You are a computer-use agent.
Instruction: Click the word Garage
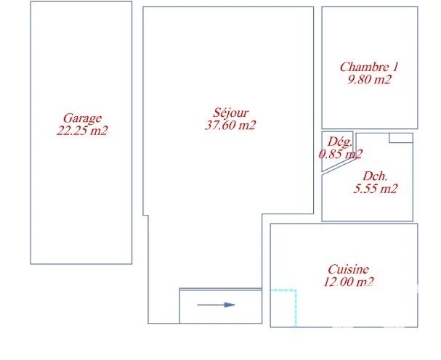[x=82, y=118]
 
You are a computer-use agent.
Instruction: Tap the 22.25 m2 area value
[x=82, y=131]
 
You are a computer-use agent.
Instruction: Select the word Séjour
[x=230, y=113]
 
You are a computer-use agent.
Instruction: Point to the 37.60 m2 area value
[x=230, y=125]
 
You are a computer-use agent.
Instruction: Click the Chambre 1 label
[x=369, y=67]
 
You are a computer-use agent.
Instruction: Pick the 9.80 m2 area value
[x=369, y=80]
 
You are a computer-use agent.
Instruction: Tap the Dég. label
[x=340, y=142]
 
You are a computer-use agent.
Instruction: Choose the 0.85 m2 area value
[x=340, y=154]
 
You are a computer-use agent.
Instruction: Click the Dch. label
[x=375, y=176]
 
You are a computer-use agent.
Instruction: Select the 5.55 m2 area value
[x=375, y=189]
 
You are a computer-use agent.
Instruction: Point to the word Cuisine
[x=348, y=269]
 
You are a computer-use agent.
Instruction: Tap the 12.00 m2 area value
[x=349, y=282]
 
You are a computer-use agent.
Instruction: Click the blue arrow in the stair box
[x=216, y=305]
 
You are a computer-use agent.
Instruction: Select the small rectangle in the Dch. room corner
[x=401, y=138]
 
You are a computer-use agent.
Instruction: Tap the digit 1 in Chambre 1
[x=395, y=67]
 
